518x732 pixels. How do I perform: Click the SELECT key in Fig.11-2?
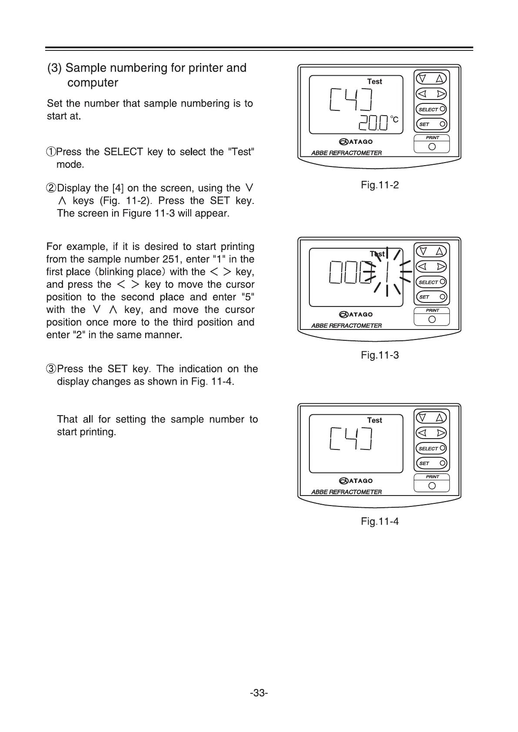pos(431,109)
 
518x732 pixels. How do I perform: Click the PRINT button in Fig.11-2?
pos(432,146)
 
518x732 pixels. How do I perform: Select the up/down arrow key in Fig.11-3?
pos(431,251)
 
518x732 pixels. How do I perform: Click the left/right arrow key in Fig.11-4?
pos(431,433)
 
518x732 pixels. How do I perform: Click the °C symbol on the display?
pos(394,119)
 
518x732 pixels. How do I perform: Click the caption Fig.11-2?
pos(379,185)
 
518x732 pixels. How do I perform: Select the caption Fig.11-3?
pos(379,355)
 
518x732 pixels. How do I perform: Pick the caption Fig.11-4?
pos(379,521)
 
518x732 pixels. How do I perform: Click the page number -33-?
pos(259,693)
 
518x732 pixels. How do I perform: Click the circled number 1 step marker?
pos(51,152)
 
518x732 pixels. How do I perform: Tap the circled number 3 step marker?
pos(51,369)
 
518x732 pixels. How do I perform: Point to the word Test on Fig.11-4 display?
pos(374,420)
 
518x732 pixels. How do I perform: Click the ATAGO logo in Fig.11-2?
pos(356,142)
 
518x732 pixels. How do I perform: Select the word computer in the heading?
pos(93,83)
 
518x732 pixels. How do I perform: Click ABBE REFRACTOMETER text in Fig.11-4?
pos(346,492)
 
